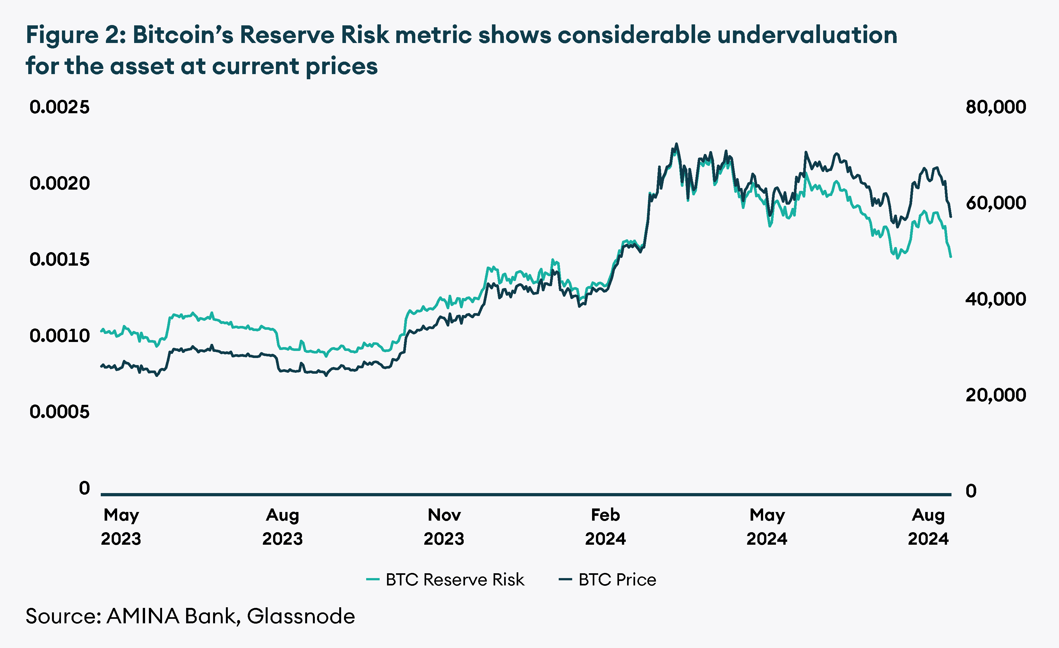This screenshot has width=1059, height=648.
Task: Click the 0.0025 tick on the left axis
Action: click(59, 107)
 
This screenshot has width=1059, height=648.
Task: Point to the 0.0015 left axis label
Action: click(59, 260)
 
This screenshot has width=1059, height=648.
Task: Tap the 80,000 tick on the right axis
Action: click(995, 107)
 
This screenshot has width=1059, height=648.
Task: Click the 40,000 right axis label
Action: click(995, 299)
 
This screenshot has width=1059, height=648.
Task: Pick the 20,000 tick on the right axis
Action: click(995, 395)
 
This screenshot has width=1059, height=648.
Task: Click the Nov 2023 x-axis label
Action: click(444, 527)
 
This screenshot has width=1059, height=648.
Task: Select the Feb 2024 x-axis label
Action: click(605, 527)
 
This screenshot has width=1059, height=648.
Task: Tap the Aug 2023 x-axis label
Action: click(282, 527)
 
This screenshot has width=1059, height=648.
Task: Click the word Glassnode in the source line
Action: click(301, 616)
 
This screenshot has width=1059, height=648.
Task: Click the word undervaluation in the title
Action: click(807, 35)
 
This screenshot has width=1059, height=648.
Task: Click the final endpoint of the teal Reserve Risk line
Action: click(951, 257)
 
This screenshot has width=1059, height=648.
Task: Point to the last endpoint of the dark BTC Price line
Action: click(951, 217)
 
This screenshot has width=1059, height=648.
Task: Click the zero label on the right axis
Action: click(971, 491)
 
